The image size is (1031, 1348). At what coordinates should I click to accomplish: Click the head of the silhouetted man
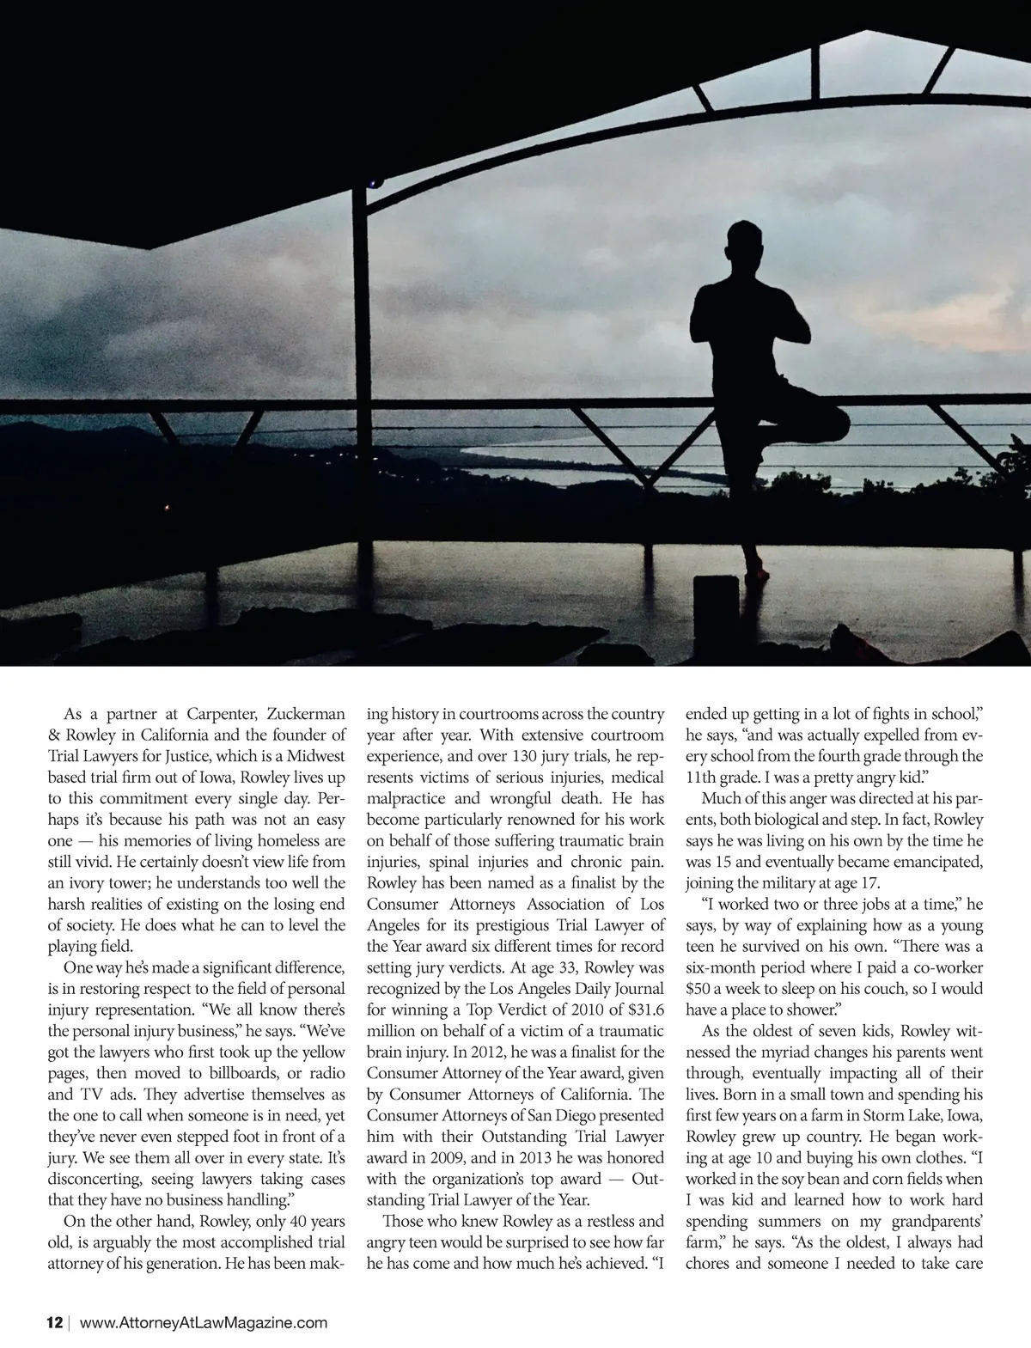(x=744, y=245)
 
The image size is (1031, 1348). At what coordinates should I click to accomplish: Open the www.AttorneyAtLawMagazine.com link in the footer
(x=203, y=1323)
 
